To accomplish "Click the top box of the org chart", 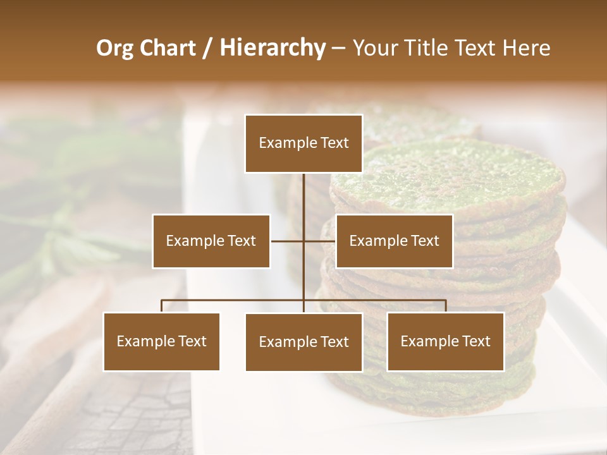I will pos(303,143).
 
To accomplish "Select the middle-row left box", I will pos(211,241).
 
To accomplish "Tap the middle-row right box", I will pos(394,241).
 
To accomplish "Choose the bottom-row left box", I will pos(161,341).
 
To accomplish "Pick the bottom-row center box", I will pos(303,342).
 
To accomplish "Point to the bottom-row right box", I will pos(445,341).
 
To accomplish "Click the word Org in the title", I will pos(115,48).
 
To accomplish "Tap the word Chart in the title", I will pos(168,48).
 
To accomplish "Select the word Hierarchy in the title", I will pos(272,48).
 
